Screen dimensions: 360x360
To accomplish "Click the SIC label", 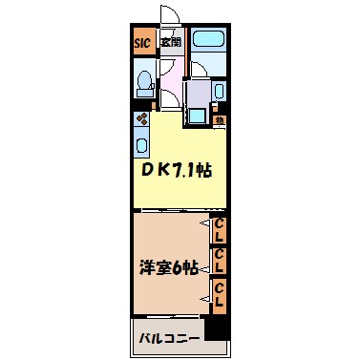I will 141,42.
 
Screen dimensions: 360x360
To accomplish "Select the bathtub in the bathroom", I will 207,42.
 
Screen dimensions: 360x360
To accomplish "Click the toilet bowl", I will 143,83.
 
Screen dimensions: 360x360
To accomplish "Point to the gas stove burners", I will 140,120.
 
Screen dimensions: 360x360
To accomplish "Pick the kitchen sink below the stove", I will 141,145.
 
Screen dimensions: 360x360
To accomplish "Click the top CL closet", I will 219,229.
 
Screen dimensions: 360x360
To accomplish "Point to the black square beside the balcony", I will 219,328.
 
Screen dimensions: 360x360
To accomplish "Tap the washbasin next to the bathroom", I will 219,93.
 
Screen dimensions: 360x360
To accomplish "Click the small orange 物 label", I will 220,119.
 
